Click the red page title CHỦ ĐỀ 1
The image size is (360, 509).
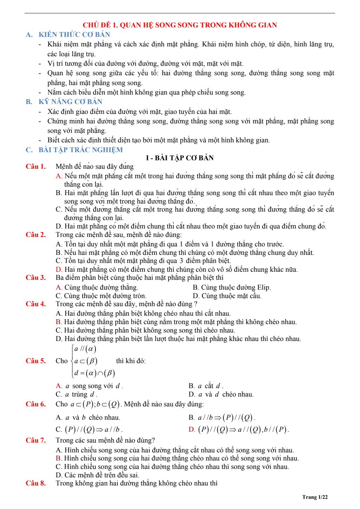pos(180,25)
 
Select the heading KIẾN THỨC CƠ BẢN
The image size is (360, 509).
pos(74,34)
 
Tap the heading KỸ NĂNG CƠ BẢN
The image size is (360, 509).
pos(70,102)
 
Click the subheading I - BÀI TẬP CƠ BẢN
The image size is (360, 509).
pos(180,158)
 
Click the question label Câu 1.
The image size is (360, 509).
pos(36,166)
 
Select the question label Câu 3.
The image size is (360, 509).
pos(36,277)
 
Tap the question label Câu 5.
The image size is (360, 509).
pos(36,361)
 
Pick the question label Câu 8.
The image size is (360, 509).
pos(36,483)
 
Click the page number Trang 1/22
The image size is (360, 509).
pos(315,497)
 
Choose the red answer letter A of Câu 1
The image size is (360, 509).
pos(58,176)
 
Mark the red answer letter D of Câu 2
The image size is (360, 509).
pos(58,269)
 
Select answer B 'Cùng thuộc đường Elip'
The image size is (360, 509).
pos(232,287)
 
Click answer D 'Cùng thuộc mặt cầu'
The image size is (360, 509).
pos(227,296)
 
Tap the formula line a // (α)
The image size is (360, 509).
pos(85,349)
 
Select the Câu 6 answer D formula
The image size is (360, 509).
pos(239,429)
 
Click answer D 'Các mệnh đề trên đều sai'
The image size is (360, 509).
pos(98,475)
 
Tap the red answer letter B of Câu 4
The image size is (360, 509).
pos(58,322)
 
